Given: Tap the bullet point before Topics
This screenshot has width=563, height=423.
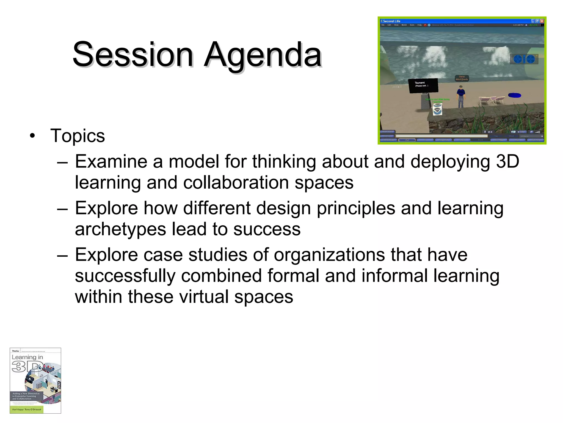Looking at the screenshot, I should (33, 136).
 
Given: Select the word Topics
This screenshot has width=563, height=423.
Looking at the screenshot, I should (78, 136).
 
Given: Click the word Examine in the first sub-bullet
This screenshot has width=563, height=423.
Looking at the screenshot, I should (111, 161).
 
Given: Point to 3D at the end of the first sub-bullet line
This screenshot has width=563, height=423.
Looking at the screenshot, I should (507, 161).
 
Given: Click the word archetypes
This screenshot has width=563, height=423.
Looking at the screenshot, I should (120, 229).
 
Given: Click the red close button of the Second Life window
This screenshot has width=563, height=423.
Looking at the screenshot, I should (542, 21).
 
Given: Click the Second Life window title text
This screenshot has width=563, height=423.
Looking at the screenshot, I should (391, 21).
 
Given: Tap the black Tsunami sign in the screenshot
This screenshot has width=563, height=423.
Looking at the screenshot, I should (423, 85).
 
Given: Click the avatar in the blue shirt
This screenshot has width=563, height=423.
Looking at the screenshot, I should (461, 96).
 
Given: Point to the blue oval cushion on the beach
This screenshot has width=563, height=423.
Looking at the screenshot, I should (515, 95).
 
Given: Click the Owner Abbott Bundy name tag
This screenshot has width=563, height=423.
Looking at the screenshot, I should (462, 78).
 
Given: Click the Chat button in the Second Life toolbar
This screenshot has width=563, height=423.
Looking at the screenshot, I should (407, 140).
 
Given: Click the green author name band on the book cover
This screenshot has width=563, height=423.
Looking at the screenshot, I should (27, 410).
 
